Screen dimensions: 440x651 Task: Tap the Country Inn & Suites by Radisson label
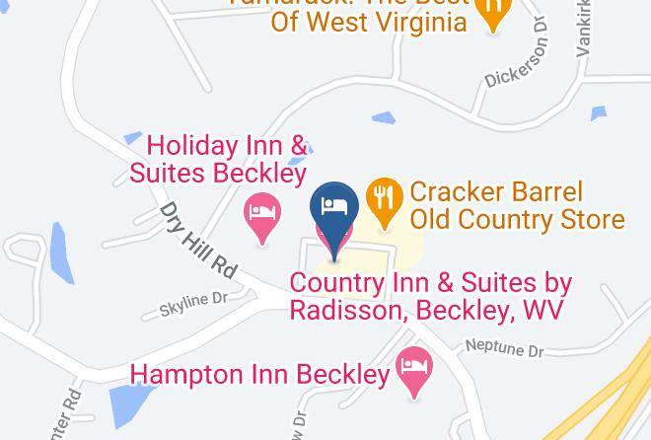coord(430,296)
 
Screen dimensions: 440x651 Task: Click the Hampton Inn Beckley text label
coord(260,375)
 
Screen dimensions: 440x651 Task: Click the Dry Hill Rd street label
coord(200,238)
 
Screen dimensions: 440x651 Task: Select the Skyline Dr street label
coord(193,304)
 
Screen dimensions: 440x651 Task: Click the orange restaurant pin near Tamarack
coord(490,11)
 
